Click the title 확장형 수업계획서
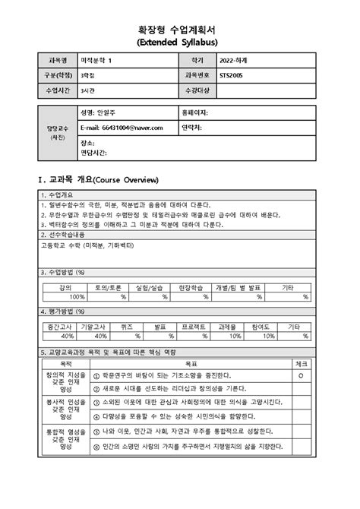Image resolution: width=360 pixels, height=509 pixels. pos(180,26)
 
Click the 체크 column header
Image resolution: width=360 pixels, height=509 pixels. pos(302,364)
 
